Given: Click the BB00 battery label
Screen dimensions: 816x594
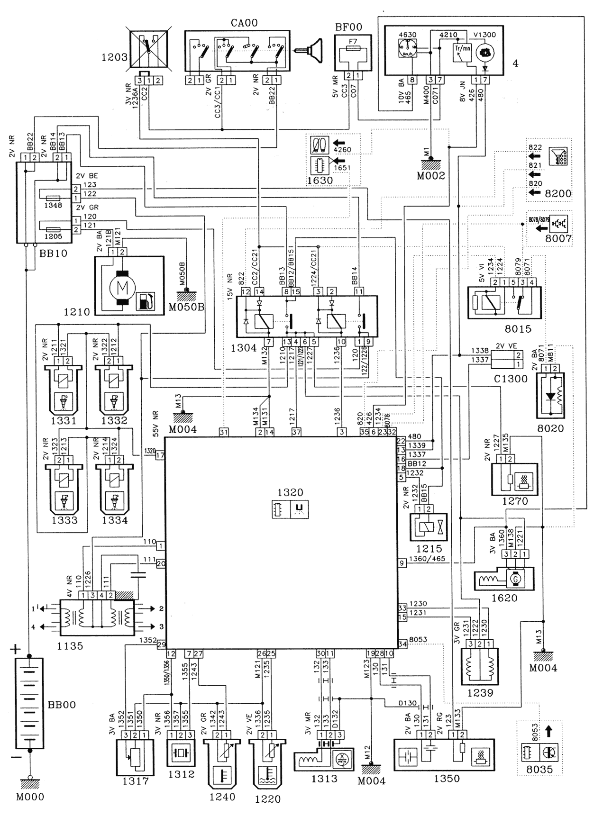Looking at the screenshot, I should click(x=62, y=705).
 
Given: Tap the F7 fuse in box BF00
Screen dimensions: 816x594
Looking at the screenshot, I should click(x=352, y=49).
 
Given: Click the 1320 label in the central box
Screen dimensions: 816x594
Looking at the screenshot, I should click(x=291, y=492).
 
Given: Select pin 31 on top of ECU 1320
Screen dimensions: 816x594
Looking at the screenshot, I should click(x=223, y=431).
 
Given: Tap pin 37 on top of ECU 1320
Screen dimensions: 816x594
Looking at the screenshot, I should click(x=296, y=431).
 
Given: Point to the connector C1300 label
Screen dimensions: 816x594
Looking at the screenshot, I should click(x=504, y=379).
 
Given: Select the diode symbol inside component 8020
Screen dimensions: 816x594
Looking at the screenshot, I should click(x=550, y=396).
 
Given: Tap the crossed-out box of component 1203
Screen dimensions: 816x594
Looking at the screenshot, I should click(x=148, y=47).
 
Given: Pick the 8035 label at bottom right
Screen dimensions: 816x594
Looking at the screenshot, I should click(x=540, y=770).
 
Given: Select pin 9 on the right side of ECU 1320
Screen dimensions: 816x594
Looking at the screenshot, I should click(x=402, y=563).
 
